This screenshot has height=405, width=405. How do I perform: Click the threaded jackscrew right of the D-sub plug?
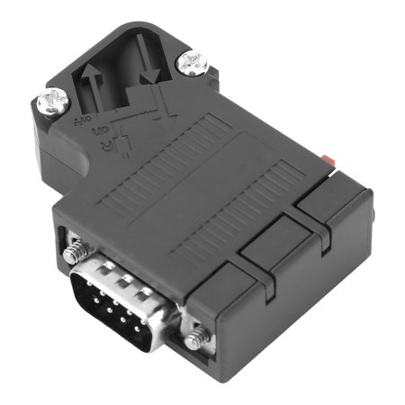[195, 339]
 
